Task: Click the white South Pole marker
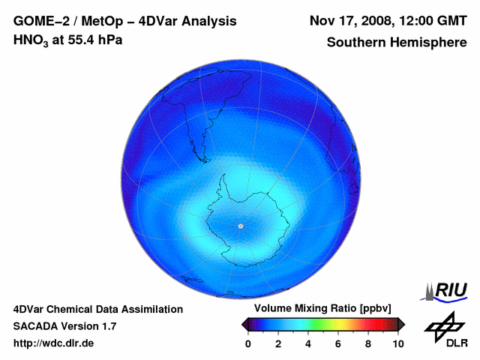pos(240,226)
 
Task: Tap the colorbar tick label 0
pos(248,343)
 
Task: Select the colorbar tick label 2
pos(278,343)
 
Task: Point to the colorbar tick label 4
pos(308,343)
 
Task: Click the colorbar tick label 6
pos(338,343)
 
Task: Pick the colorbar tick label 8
pos(368,343)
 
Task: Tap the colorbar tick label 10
pos(397,343)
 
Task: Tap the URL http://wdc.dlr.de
pos(54,343)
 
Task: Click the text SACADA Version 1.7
pos(64,326)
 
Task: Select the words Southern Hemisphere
pos(397,43)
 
